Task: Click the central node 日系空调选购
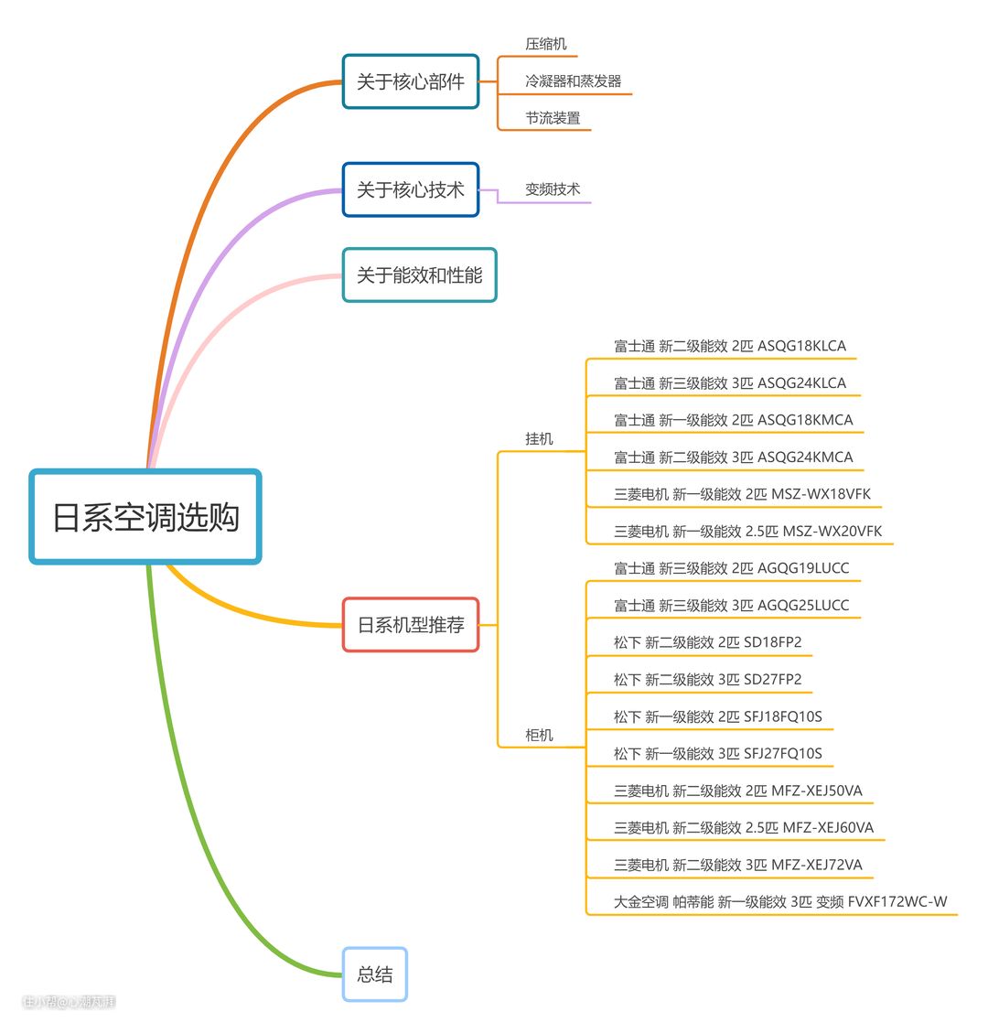(x=145, y=517)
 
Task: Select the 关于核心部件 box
(x=411, y=81)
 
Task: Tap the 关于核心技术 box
(x=411, y=189)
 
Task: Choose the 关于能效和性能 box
(x=419, y=274)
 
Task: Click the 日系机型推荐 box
(x=411, y=625)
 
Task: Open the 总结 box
(x=375, y=974)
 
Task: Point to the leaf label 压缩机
(x=546, y=44)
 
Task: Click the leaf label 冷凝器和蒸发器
(x=573, y=81)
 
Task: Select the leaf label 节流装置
(x=553, y=118)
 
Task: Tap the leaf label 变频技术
(x=553, y=189)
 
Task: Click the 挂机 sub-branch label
(x=539, y=439)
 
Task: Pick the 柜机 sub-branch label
(x=539, y=736)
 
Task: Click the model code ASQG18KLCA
(x=801, y=346)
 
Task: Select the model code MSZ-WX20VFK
(x=832, y=532)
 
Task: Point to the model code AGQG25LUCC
(x=803, y=606)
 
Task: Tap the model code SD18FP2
(x=772, y=642)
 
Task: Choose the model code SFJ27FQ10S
(x=782, y=754)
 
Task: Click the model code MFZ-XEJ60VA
(x=828, y=828)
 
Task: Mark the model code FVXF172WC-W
(x=897, y=902)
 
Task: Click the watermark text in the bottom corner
(x=70, y=1002)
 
